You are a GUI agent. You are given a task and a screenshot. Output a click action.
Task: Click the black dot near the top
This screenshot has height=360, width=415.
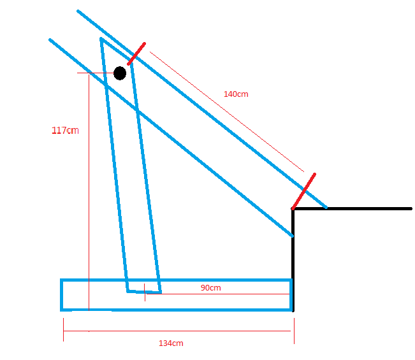pos(120,73)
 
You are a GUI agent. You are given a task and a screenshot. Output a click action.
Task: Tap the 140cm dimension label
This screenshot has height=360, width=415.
pos(236,94)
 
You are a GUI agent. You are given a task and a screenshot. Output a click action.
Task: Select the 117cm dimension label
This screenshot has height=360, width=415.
pos(65,131)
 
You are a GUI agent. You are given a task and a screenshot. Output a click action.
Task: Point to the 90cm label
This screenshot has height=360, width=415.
pos(210,287)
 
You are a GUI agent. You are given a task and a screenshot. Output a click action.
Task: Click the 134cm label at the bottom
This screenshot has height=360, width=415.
pos(171,343)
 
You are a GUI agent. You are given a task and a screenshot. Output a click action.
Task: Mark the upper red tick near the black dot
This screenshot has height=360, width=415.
pos(136,54)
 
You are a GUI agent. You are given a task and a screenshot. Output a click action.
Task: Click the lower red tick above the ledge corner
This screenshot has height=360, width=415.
pos(304,191)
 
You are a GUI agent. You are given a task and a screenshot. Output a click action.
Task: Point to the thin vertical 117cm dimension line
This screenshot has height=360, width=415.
pos(89,191)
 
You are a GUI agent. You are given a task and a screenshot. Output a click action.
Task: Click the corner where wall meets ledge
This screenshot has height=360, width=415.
pos(293,209)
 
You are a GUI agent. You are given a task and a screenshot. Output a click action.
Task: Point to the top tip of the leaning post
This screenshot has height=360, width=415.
pos(101,40)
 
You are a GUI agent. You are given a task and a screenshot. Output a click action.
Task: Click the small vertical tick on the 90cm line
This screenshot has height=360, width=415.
pos(145,292)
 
